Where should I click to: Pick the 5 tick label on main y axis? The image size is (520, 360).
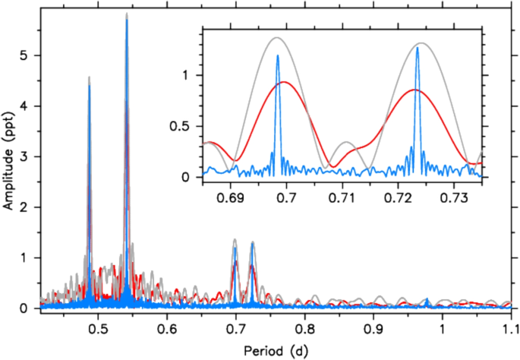(x=27, y=55)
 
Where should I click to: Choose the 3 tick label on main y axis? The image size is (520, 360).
(x=27, y=156)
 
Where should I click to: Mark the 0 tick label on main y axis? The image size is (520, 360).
(x=27, y=308)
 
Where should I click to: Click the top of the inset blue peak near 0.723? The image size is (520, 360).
(x=418, y=47)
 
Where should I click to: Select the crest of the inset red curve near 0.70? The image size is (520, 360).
(x=283, y=82)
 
